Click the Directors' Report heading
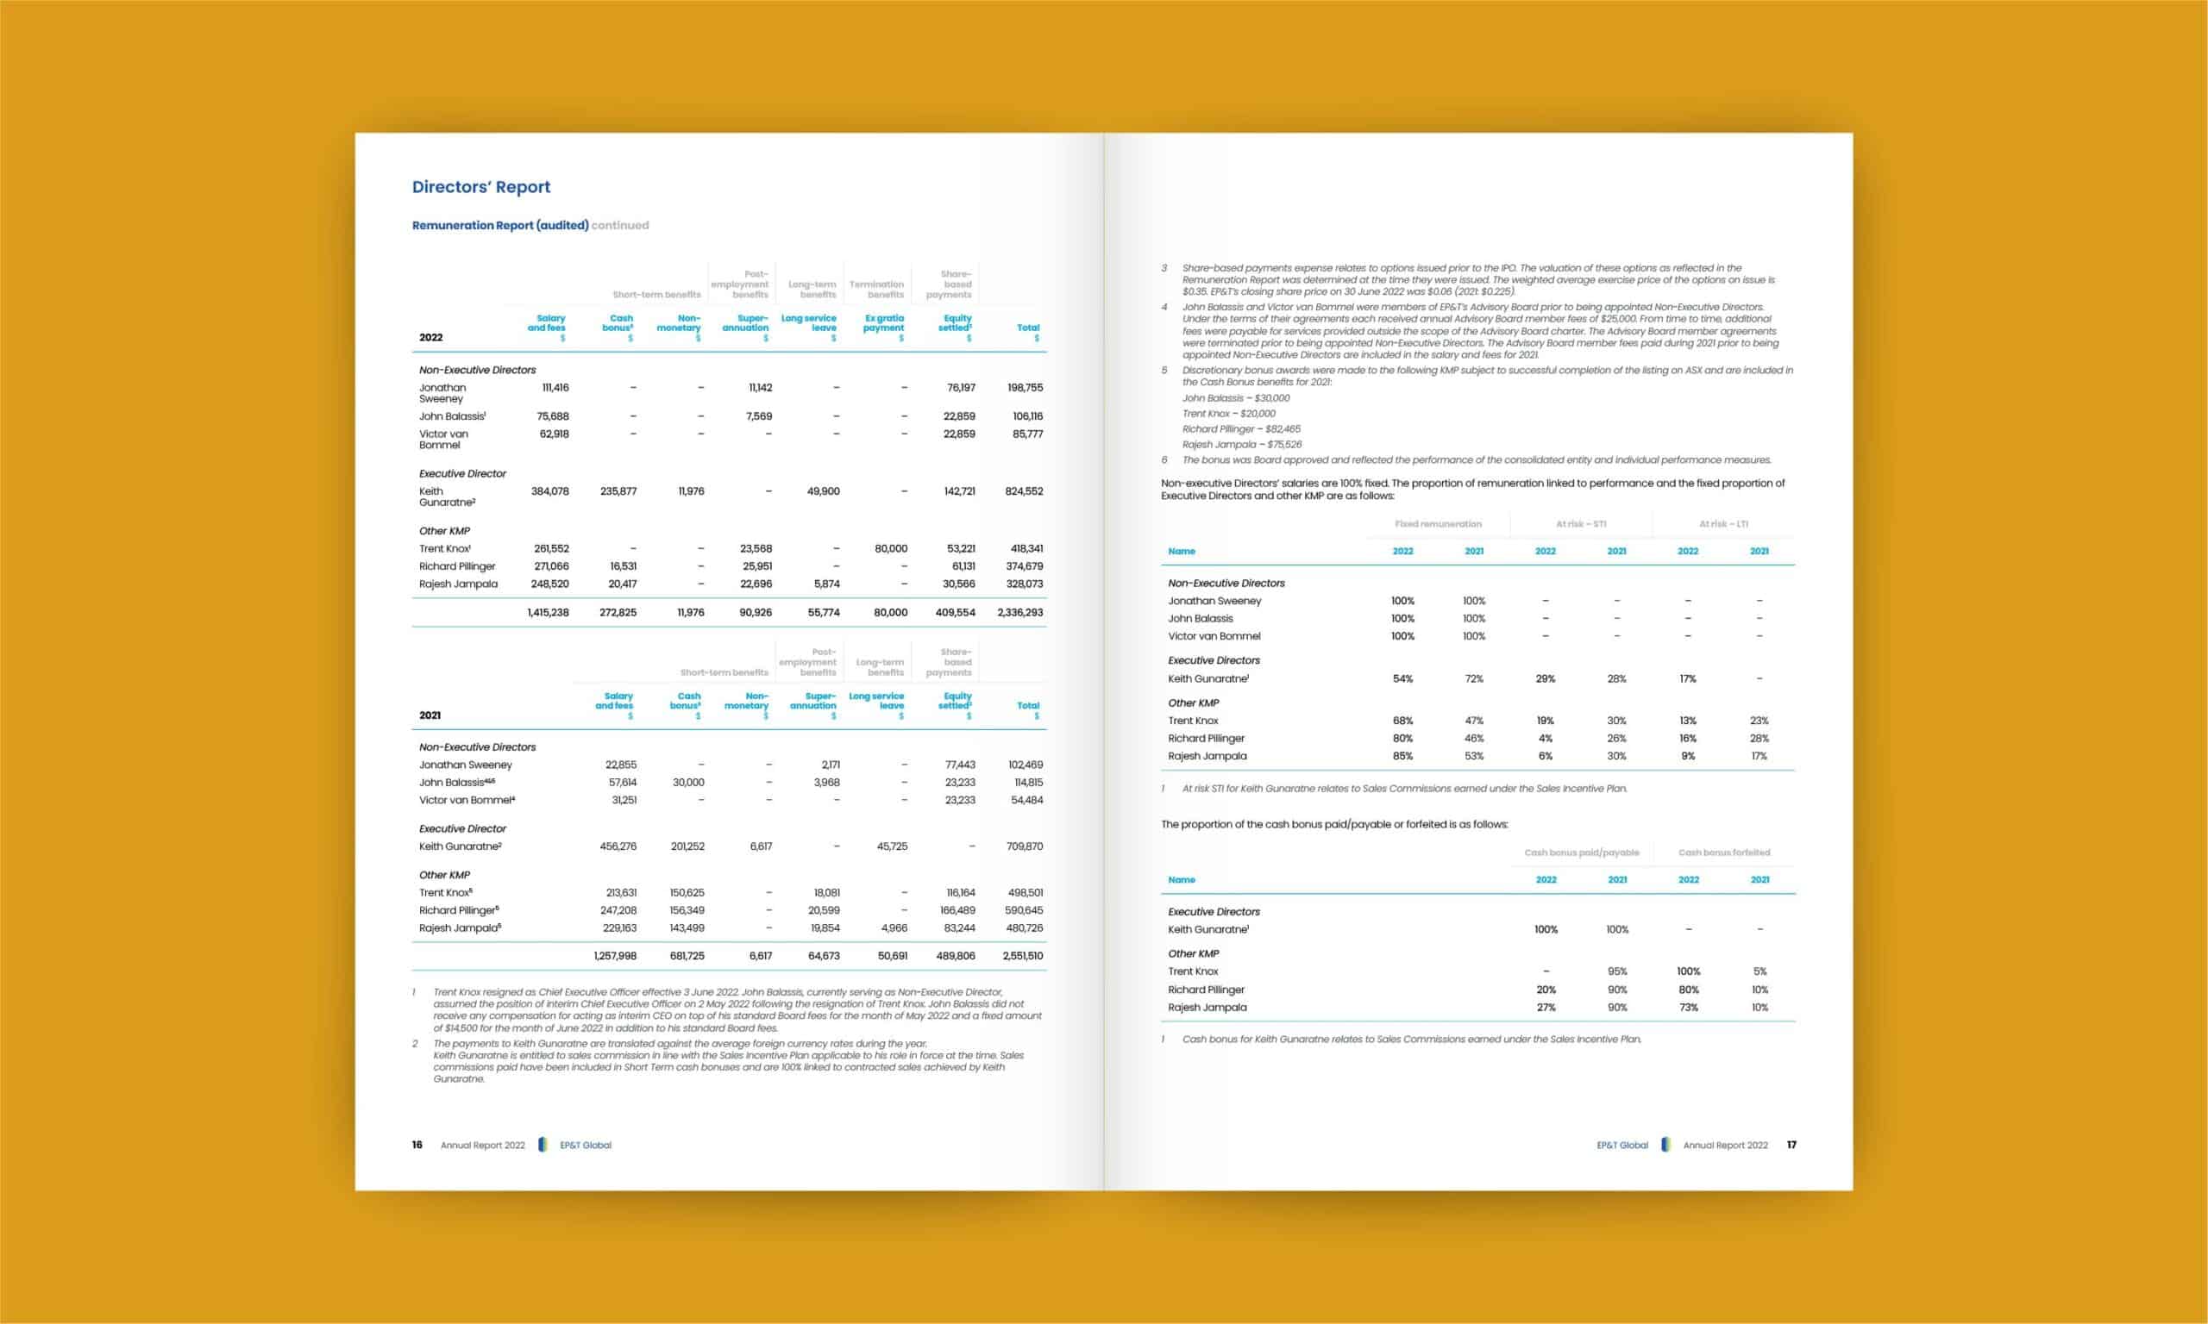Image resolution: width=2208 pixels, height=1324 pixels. point(481,187)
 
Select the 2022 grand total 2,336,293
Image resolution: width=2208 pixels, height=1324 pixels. point(1020,613)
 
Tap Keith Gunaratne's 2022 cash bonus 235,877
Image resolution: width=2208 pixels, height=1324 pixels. point(618,491)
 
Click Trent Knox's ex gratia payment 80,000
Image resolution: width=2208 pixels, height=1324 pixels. point(891,549)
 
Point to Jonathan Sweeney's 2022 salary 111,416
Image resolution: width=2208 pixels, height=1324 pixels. point(555,388)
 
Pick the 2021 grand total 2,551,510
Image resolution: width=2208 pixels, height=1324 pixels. point(1023,956)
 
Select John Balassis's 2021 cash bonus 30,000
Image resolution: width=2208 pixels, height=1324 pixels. point(688,783)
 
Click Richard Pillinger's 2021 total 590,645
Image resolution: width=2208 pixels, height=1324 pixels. point(1024,910)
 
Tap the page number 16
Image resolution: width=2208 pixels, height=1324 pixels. point(417,1145)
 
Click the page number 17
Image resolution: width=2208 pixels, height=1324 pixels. point(1791,1145)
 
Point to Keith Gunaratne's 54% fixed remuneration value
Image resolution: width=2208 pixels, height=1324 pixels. point(1403,679)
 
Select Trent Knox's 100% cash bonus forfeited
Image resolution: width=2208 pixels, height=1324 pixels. point(1689,971)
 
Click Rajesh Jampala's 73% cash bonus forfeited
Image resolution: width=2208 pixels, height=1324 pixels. point(1689,1008)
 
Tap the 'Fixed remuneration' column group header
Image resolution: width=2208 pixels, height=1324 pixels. point(1438,524)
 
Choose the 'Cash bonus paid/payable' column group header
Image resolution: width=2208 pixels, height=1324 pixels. point(1582,852)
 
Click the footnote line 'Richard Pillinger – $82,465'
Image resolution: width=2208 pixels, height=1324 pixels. point(1241,429)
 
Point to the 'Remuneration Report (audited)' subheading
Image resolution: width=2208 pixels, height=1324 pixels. point(499,226)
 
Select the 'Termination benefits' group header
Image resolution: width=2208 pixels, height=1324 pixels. point(876,289)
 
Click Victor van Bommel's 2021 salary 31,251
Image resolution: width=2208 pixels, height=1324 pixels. point(623,800)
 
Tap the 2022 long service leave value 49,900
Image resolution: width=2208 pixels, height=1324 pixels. point(823,491)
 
